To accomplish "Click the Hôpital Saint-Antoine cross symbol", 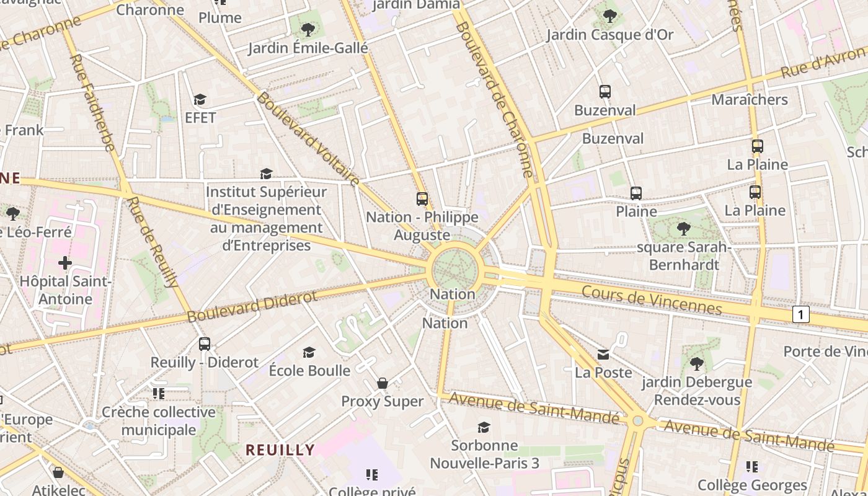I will (x=65, y=263).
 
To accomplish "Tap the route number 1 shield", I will (x=800, y=314).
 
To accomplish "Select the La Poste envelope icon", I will (x=603, y=355).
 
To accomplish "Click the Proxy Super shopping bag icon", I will (x=383, y=383).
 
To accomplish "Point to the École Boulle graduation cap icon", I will (x=309, y=352).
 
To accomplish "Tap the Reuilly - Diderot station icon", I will (x=205, y=343).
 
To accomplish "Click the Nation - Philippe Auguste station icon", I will (x=422, y=199).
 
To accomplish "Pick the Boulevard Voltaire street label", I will (x=308, y=139).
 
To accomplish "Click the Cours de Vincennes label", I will (x=652, y=300).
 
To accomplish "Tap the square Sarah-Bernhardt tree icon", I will (x=684, y=229).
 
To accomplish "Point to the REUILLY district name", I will (x=280, y=449).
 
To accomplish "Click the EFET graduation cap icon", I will (x=200, y=99).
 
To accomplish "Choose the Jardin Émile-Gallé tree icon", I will (x=308, y=29).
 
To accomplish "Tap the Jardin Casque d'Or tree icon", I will (x=609, y=16).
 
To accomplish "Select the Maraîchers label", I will (x=750, y=99).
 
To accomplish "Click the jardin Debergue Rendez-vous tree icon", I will (x=696, y=363).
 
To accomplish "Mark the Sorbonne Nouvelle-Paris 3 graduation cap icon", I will (x=484, y=427).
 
